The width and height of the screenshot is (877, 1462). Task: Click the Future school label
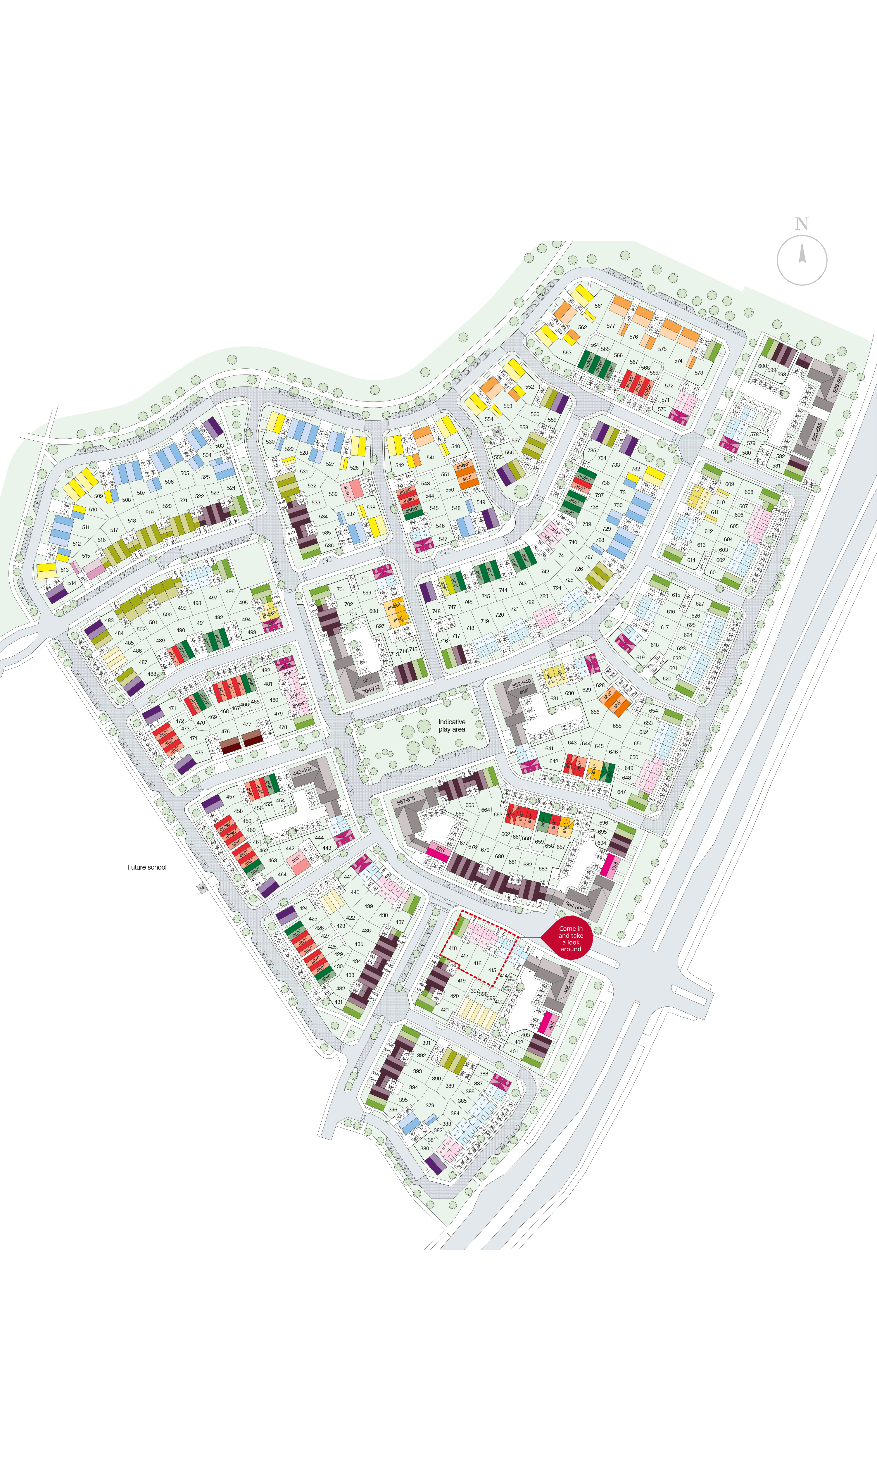click(x=146, y=867)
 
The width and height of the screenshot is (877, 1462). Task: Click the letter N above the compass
click(x=801, y=224)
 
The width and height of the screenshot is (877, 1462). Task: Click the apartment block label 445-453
click(x=302, y=771)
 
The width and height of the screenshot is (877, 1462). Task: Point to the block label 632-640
click(x=521, y=682)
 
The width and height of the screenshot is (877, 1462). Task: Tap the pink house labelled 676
click(x=440, y=849)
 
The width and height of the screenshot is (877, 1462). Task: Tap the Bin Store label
click(x=512, y=978)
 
